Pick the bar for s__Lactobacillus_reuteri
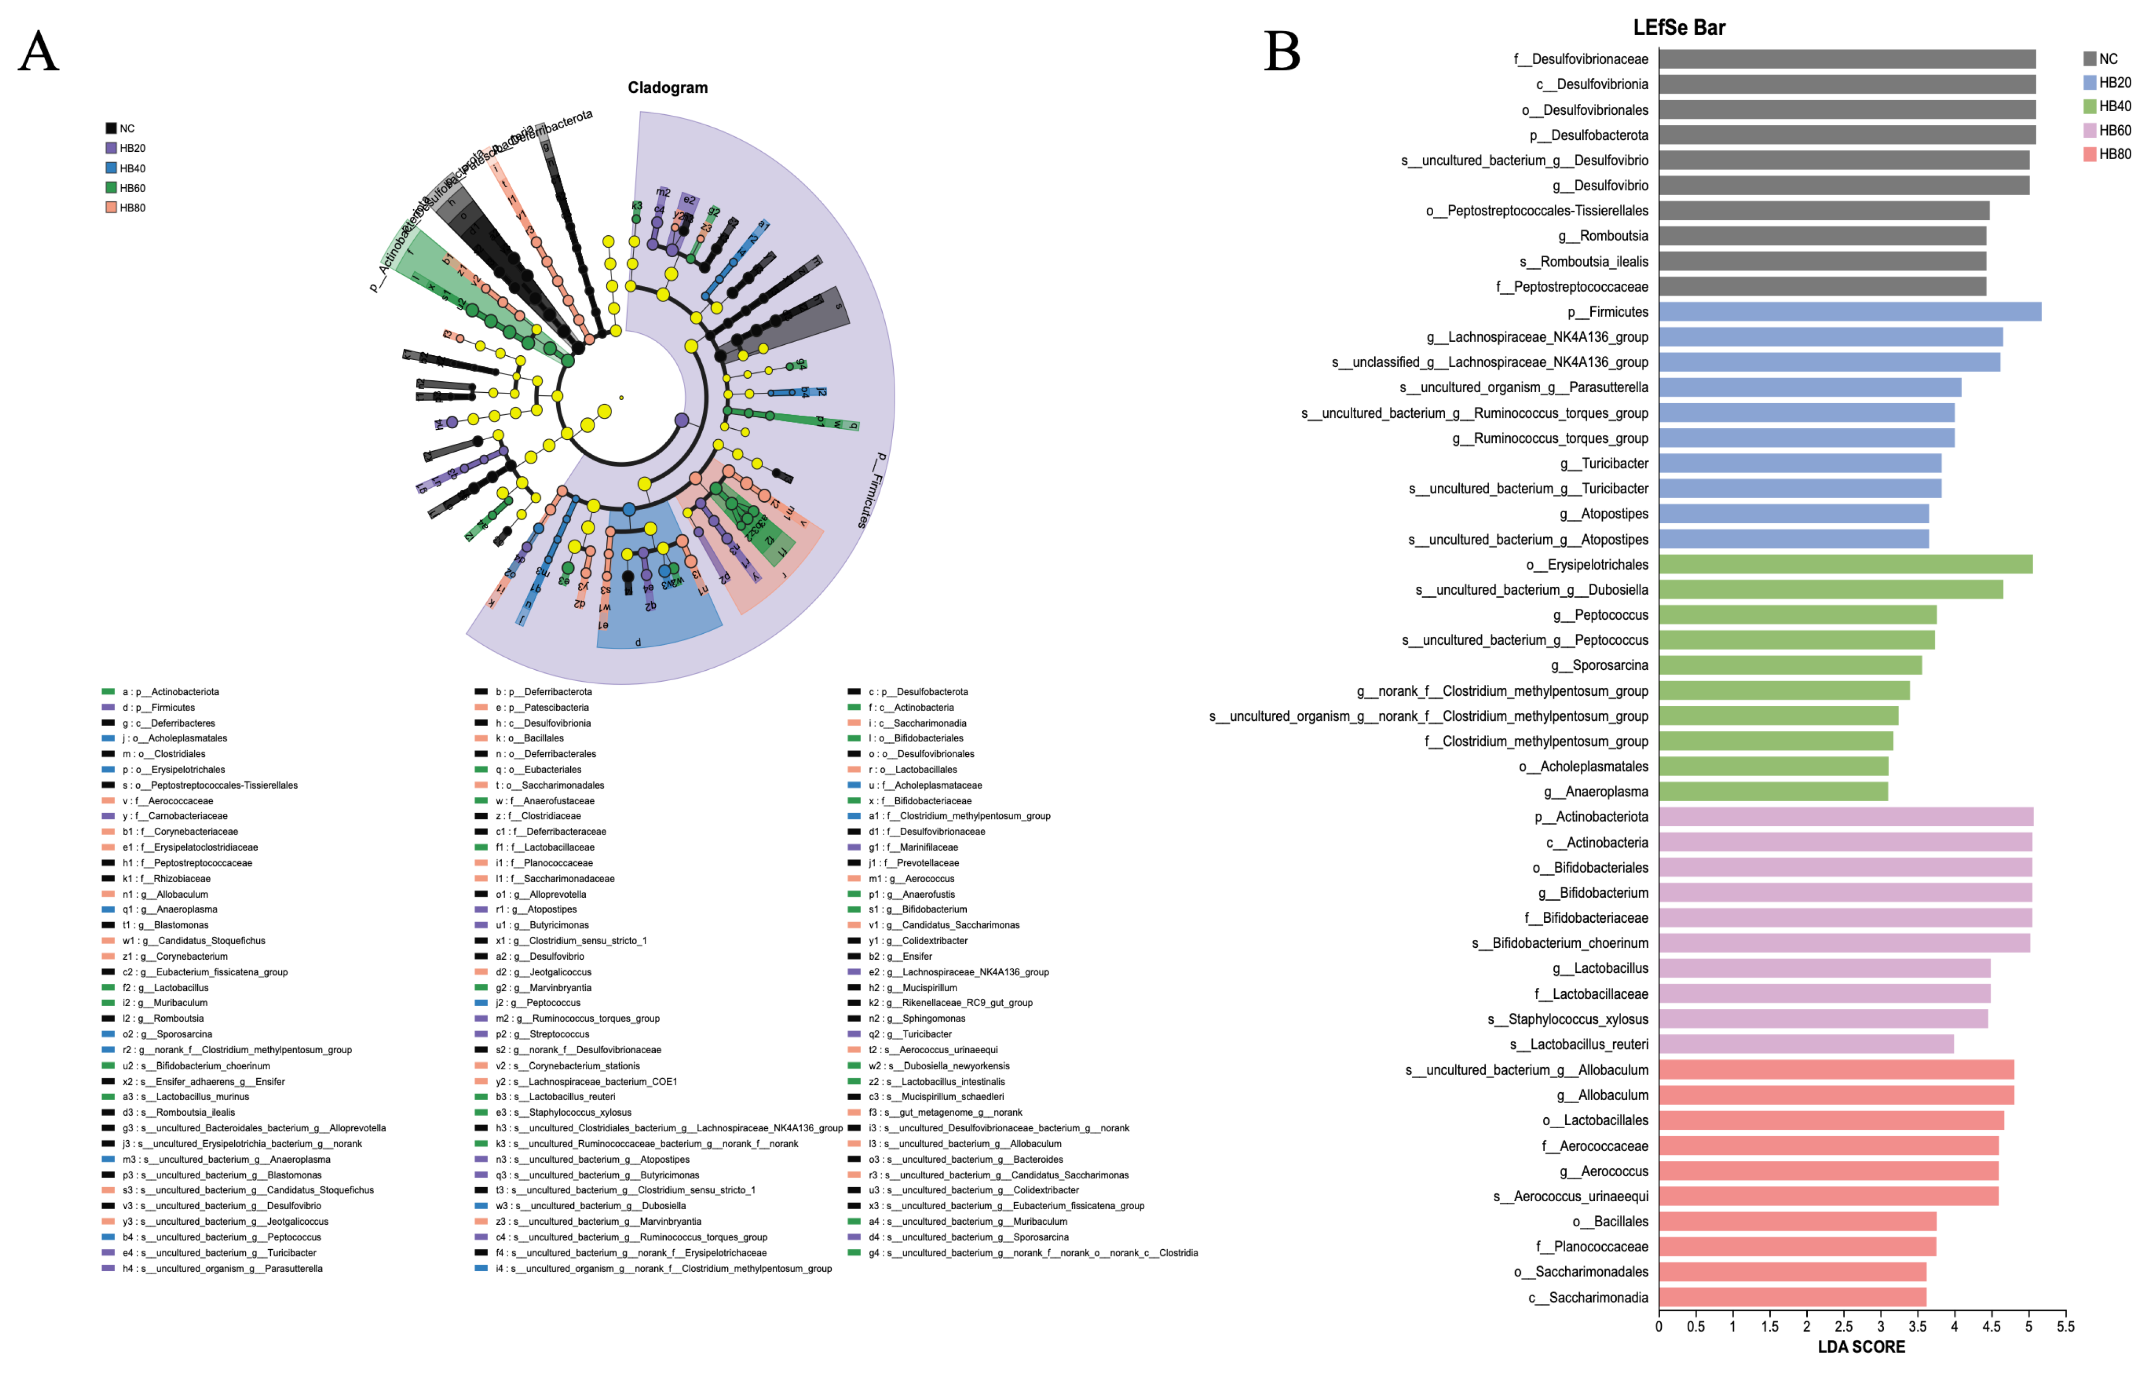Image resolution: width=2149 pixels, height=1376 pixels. point(1805,1044)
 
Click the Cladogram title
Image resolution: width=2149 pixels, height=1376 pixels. point(667,88)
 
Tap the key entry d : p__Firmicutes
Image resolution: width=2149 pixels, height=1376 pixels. point(158,708)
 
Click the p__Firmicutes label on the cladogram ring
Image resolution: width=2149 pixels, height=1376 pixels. point(869,490)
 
